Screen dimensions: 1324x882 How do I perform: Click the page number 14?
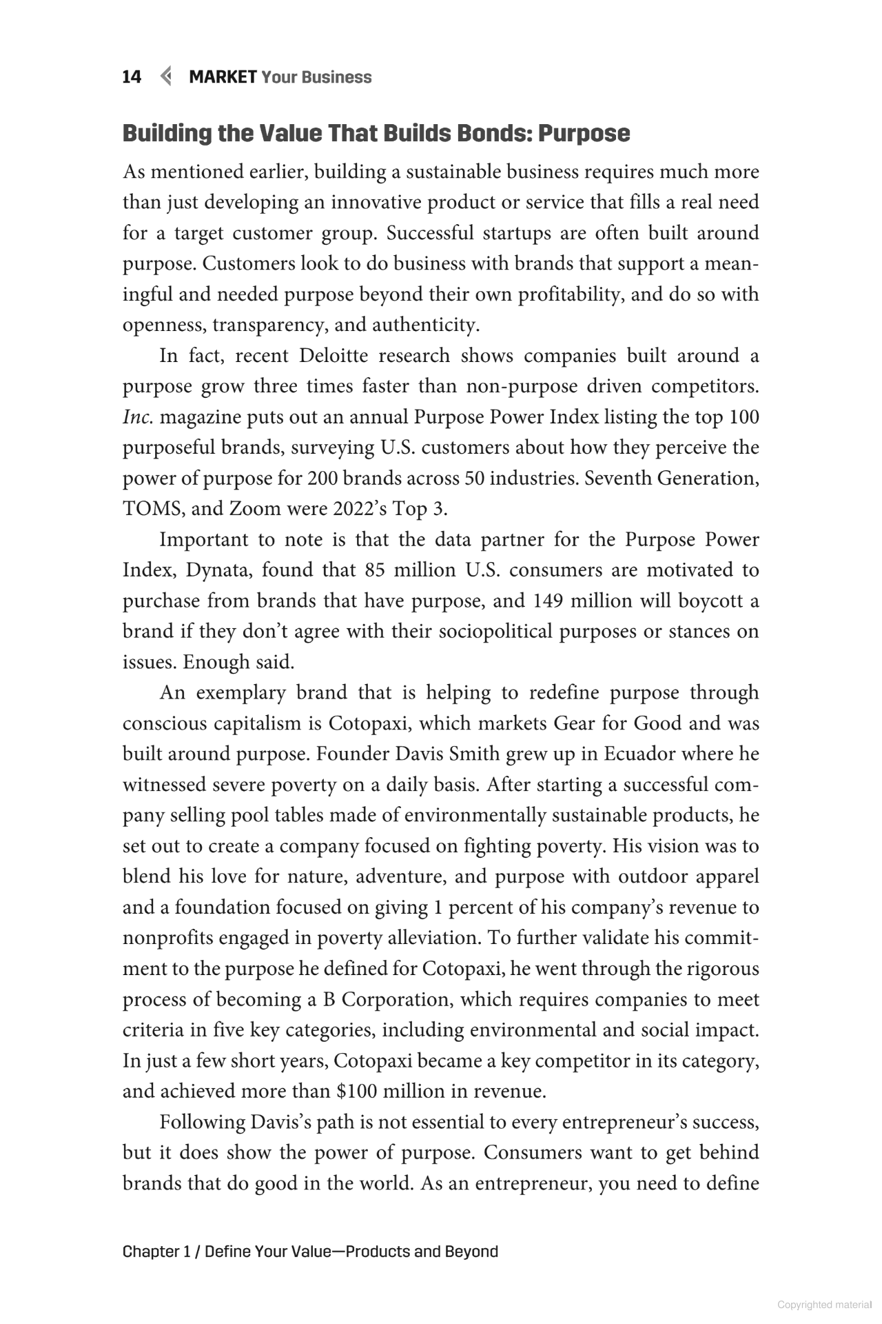point(132,77)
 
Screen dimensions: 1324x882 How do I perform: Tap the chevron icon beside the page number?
point(165,77)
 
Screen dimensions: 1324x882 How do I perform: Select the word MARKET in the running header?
point(223,77)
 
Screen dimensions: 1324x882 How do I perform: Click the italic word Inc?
point(137,417)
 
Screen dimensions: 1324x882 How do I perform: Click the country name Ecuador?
point(639,754)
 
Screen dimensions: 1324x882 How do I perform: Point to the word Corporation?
point(395,999)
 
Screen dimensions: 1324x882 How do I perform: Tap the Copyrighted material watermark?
point(824,1305)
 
